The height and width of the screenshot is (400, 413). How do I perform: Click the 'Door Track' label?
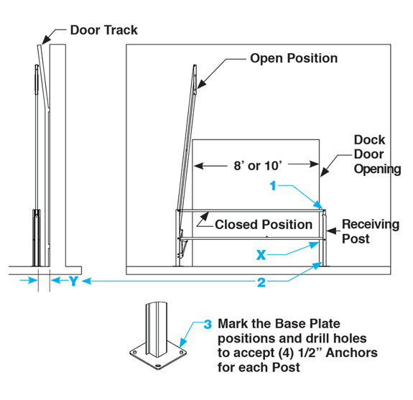(103, 30)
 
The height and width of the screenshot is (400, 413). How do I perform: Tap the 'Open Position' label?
(294, 58)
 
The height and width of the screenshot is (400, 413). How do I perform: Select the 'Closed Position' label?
(264, 225)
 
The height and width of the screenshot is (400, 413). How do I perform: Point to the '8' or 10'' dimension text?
(258, 166)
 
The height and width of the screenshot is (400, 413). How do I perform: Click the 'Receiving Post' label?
(371, 231)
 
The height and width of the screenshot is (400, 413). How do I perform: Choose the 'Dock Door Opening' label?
(377, 154)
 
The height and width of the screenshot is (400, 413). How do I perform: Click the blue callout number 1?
(273, 186)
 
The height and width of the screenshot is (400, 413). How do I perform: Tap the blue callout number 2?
(261, 282)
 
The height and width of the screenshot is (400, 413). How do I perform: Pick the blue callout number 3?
(208, 324)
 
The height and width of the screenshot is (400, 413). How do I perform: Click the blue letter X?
(261, 255)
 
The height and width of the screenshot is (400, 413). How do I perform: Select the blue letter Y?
(74, 282)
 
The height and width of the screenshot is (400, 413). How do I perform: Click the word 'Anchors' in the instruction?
(352, 353)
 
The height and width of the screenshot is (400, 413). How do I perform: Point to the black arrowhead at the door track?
(47, 39)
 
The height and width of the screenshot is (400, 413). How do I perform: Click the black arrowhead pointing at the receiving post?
(331, 231)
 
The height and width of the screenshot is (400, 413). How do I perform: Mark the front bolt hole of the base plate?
(158, 366)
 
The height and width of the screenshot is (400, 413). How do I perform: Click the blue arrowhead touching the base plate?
(182, 343)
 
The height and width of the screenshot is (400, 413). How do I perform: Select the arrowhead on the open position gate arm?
(201, 84)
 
